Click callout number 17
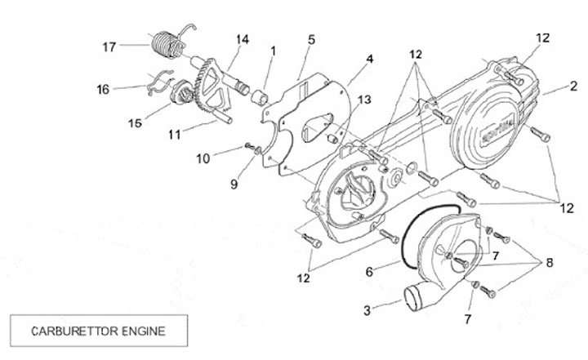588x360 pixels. click(109, 46)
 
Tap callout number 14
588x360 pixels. click(243, 39)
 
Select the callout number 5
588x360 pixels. click(312, 39)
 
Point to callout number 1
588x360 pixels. click(274, 51)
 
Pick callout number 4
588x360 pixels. click(370, 59)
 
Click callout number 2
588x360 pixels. click(574, 85)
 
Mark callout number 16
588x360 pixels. click(102, 89)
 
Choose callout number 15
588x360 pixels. click(134, 123)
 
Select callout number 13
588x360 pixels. click(363, 100)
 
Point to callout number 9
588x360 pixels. click(234, 184)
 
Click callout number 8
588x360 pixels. click(549, 263)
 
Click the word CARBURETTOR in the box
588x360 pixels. click(66, 331)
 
